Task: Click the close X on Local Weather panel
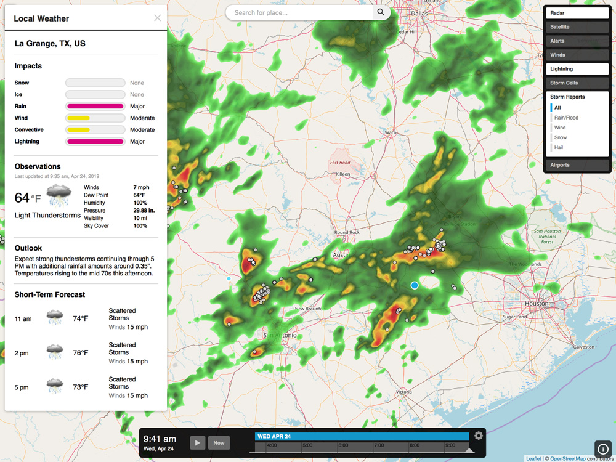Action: click(158, 18)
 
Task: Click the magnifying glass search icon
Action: click(381, 12)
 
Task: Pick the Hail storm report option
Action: click(559, 147)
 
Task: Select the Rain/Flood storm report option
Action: click(566, 118)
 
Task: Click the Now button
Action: click(219, 442)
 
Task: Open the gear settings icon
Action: click(479, 436)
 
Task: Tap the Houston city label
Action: click(536, 304)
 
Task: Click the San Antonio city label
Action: click(280, 335)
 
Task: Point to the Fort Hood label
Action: click(339, 163)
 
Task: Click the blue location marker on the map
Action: click(415, 285)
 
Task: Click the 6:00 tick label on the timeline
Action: click(343, 445)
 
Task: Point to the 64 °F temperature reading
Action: click(28, 198)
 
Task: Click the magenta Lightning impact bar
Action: click(95, 142)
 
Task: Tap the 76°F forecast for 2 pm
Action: click(81, 353)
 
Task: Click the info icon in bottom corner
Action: click(603, 449)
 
